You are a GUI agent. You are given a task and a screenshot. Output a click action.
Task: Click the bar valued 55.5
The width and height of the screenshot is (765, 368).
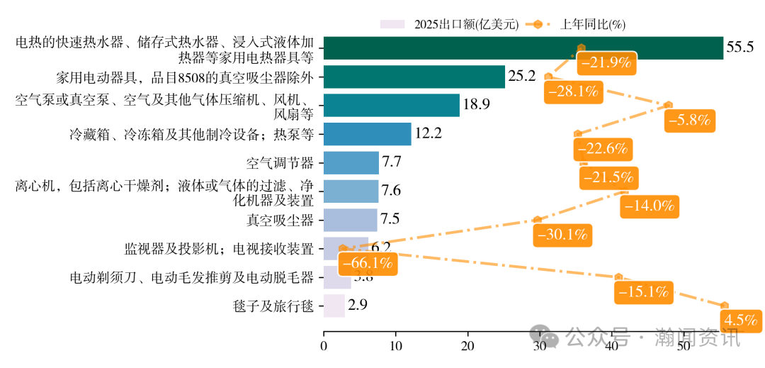pyautogui.click(x=523, y=48)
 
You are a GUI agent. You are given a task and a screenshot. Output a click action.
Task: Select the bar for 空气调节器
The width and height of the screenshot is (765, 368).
pyautogui.click(x=351, y=163)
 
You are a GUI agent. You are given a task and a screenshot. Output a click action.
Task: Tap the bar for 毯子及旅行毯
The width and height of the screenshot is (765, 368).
pyautogui.click(x=334, y=306)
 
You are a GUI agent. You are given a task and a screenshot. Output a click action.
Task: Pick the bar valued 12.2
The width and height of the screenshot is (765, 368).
pyautogui.click(x=367, y=134)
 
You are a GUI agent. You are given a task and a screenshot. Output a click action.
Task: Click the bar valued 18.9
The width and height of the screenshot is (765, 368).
pyautogui.click(x=391, y=106)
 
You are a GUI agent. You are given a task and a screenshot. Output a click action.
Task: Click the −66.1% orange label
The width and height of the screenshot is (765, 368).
pyautogui.click(x=367, y=263)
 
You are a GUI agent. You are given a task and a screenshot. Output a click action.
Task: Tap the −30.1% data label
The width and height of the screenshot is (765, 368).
pyautogui.click(x=564, y=234)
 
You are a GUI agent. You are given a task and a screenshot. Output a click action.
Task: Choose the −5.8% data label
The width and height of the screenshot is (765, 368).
pyautogui.click(x=688, y=120)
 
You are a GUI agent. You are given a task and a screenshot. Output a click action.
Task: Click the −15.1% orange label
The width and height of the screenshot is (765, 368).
pyautogui.click(x=644, y=291)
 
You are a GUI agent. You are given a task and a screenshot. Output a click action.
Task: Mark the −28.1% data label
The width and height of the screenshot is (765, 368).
pyautogui.click(x=572, y=91)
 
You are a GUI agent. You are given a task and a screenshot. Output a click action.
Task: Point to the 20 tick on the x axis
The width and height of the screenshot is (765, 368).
pyautogui.click(x=467, y=347)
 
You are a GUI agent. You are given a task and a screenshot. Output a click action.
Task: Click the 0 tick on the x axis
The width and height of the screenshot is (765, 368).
pyautogui.click(x=324, y=347)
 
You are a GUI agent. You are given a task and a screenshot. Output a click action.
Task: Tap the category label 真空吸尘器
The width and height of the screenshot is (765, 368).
pyautogui.click(x=279, y=220)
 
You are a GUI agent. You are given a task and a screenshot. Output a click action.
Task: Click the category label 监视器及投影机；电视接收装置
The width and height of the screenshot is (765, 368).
pyautogui.click(x=219, y=248)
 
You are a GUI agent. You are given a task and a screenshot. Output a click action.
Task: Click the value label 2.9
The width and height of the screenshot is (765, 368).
pyautogui.click(x=357, y=305)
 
